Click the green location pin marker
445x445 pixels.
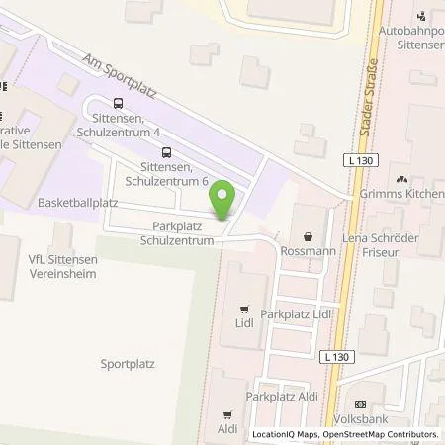tap(224, 202)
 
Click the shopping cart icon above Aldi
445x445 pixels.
tap(228, 415)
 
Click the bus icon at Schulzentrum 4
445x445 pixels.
tap(119, 103)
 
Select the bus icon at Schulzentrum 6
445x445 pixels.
tap(165, 152)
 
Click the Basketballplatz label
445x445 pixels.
tap(78, 202)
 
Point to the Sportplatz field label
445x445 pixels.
tap(128, 363)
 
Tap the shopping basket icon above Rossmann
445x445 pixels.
tap(309, 237)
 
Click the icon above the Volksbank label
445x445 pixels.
tap(360, 404)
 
